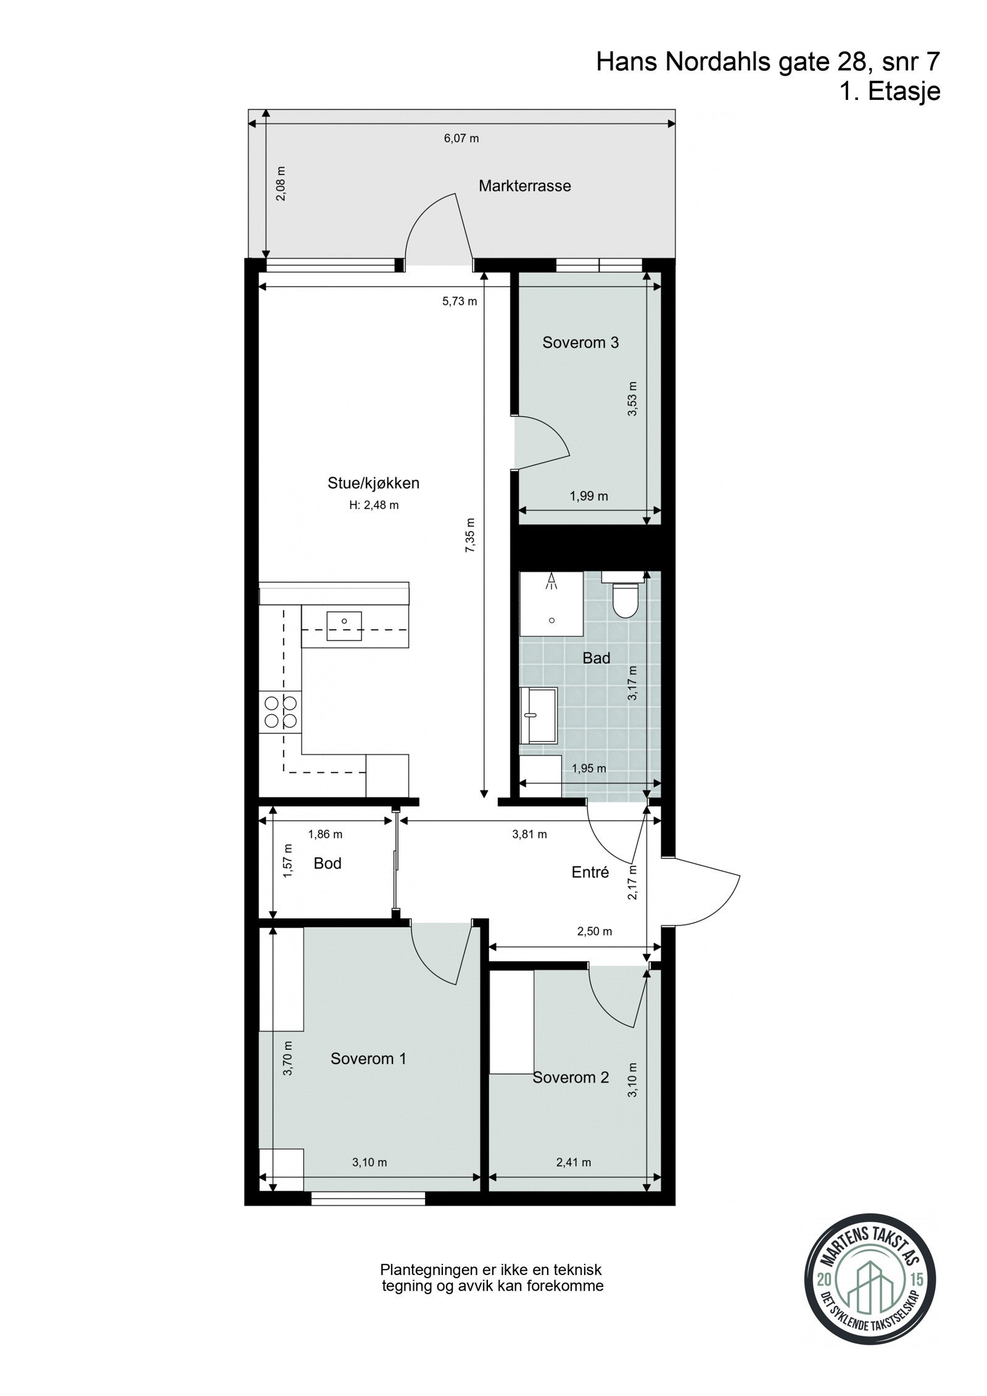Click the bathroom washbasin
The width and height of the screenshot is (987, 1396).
pyautogui.click(x=538, y=715)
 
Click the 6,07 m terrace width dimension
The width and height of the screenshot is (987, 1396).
pyautogui.click(x=461, y=138)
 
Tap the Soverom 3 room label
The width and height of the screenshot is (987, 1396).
pyautogui.click(x=580, y=342)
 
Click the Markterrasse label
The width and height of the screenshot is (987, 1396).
pyautogui.click(x=524, y=186)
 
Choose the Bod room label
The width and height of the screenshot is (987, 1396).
pyautogui.click(x=327, y=863)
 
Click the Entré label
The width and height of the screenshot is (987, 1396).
pyautogui.click(x=590, y=872)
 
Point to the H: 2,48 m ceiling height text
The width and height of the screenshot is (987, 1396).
pyautogui.click(x=373, y=505)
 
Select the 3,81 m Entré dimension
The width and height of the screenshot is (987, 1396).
pyautogui.click(x=529, y=835)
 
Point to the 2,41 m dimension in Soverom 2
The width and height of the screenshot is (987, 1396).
pyautogui.click(x=573, y=1162)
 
